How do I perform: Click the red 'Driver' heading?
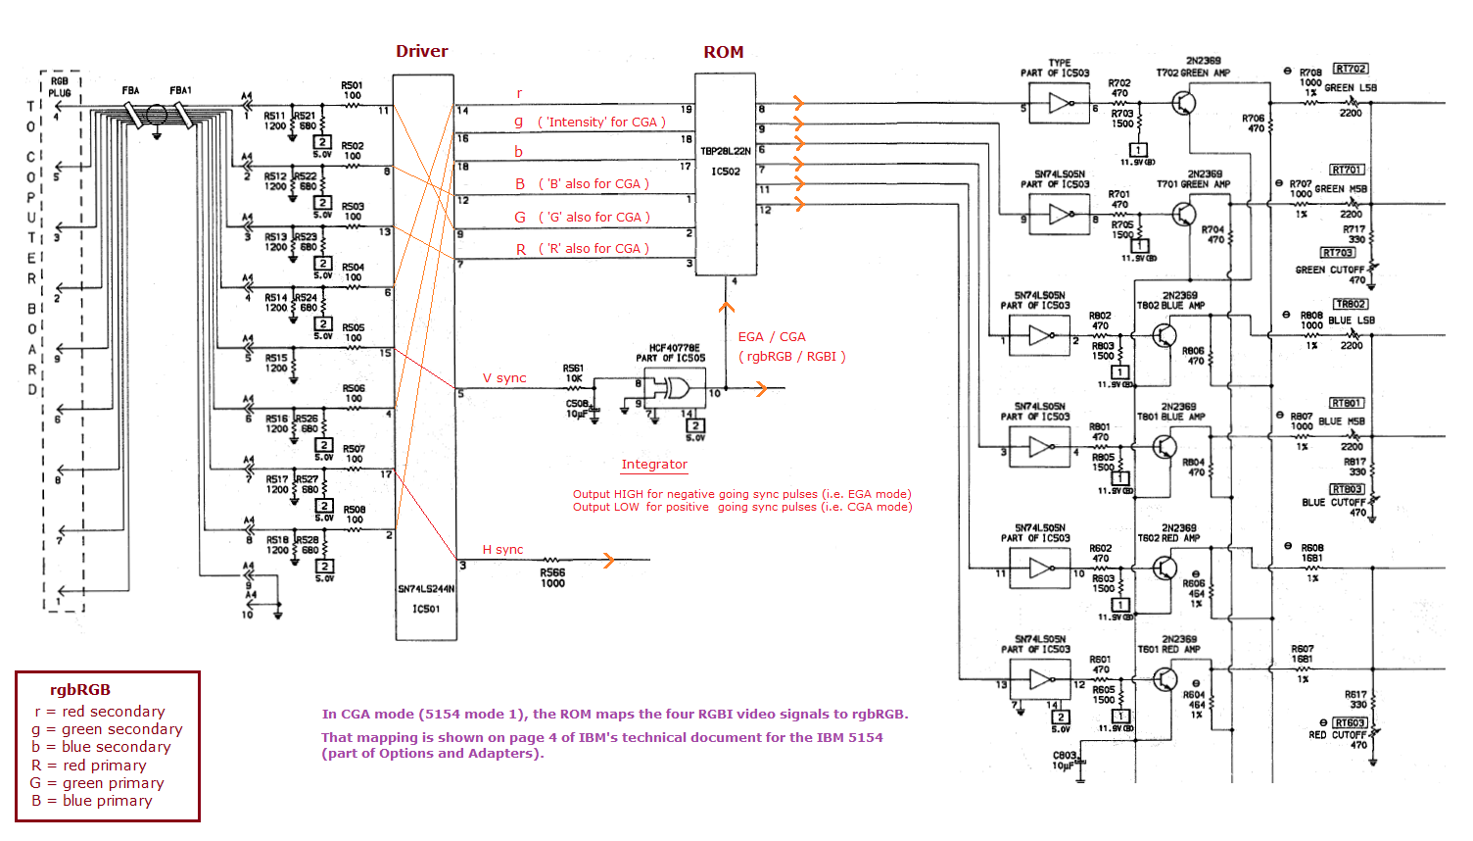pos(422,51)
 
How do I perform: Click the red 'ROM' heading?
pos(724,52)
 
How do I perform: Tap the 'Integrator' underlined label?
pos(654,465)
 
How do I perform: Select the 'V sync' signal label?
pos(504,378)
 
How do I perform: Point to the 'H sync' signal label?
pos(502,550)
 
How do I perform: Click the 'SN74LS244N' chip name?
pos(426,589)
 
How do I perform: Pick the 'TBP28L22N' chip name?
pos(726,152)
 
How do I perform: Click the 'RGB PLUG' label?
pos(60,87)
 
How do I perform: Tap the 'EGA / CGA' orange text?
pos(772,336)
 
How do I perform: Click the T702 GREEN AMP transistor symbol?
pos(1185,102)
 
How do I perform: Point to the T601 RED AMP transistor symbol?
pos(1164,678)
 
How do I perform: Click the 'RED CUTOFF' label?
pos(1337,734)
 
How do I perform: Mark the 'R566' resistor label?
pos(552,572)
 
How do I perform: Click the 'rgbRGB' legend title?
pos(80,690)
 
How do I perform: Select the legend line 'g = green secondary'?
pos(108,729)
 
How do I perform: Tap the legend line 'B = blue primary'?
pos(92,801)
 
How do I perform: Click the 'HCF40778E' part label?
pos(674,348)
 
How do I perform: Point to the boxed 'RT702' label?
pos(1351,69)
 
